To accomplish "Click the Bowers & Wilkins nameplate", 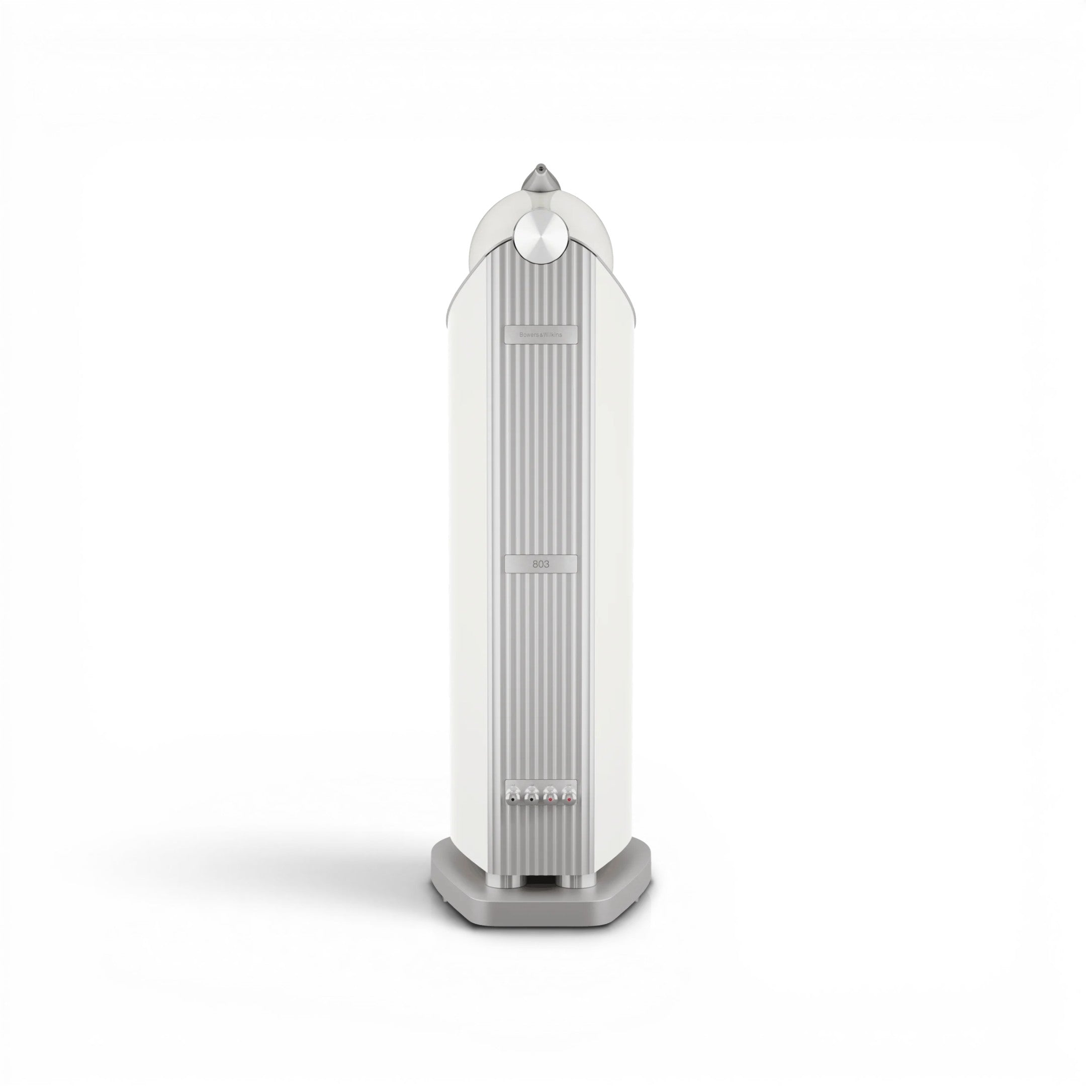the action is [541, 333].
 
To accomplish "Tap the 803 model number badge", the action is [541, 564].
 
